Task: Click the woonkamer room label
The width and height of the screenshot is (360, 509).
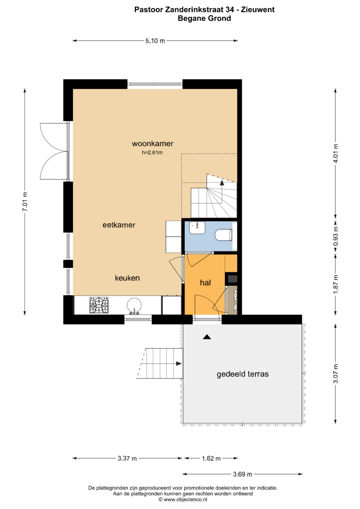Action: point(153,144)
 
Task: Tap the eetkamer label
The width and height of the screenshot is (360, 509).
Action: point(119,225)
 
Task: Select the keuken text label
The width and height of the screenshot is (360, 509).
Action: point(127,278)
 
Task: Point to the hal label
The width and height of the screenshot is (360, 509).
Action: point(205,283)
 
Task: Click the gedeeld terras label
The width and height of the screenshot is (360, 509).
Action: point(243,374)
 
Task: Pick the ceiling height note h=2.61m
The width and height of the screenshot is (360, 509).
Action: point(152,152)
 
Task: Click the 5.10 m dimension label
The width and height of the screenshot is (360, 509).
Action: point(155,41)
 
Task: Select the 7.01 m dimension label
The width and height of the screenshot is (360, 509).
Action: point(25,202)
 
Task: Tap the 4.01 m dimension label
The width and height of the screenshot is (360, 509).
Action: point(336,153)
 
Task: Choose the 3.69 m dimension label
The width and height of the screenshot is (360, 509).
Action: point(243,474)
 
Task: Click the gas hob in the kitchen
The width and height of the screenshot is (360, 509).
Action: point(99,305)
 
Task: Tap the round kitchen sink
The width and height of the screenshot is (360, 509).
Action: point(134,305)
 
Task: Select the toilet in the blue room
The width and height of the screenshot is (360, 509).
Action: point(224,235)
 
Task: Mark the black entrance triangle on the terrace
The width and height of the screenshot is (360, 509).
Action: point(207,337)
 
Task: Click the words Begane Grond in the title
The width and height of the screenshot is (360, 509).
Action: point(204,18)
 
